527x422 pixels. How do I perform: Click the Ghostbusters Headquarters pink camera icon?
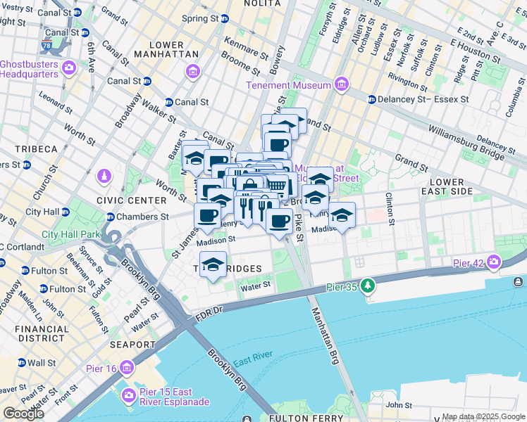coord(70,68)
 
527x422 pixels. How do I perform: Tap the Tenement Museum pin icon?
coord(342,85)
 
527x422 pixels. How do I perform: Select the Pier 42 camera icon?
coord(493,263)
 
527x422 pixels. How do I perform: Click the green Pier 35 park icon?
coord(367,286)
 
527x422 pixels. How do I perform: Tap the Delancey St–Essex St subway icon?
coord(371,99)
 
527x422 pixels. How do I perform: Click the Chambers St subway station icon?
coord(111,217)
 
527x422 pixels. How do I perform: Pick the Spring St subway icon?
coord(226,18)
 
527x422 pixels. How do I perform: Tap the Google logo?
coord(24,413)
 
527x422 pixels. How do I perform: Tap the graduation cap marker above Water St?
coord(213,264)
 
